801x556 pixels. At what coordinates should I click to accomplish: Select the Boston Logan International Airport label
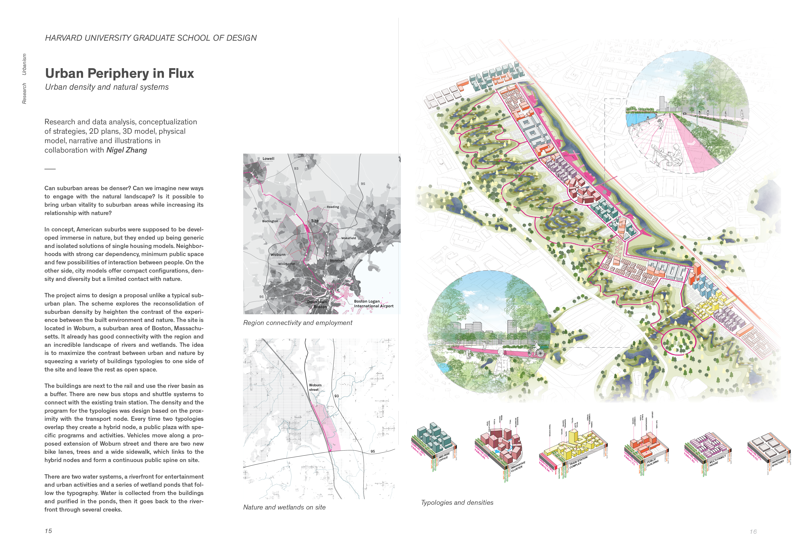click(373, 304)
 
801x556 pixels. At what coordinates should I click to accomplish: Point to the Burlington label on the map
click(270, 221)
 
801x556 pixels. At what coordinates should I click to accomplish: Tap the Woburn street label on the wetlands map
click(315, 387)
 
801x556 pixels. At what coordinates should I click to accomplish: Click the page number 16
click(753, 532)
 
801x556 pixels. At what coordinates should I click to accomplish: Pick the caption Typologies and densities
click(457, 502)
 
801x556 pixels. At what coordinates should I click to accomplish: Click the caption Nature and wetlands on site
click(284, 507)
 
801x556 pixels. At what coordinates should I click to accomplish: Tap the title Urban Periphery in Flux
click(120, 73)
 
